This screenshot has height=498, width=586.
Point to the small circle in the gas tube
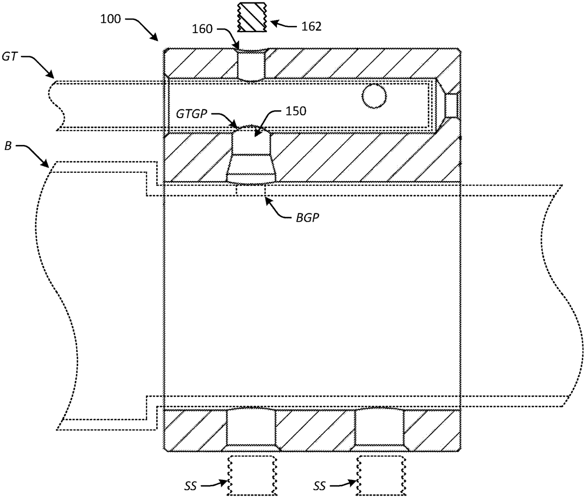(373, 97)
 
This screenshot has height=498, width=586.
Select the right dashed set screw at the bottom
(379, 475)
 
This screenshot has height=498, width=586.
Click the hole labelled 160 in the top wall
(251, 65)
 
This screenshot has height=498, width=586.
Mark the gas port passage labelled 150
(251, 154)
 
